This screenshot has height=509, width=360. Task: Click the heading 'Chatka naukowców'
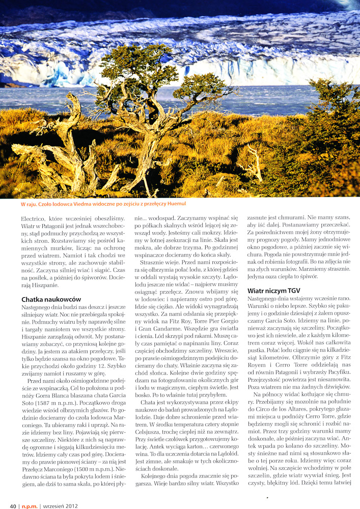pos(51,300)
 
